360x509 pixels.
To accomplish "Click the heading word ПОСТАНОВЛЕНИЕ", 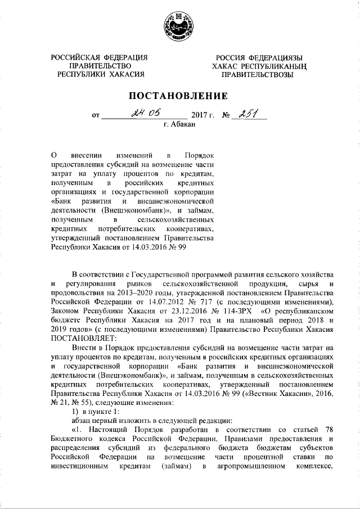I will pos(179,96).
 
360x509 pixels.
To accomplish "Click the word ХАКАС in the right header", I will pos(228,66).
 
